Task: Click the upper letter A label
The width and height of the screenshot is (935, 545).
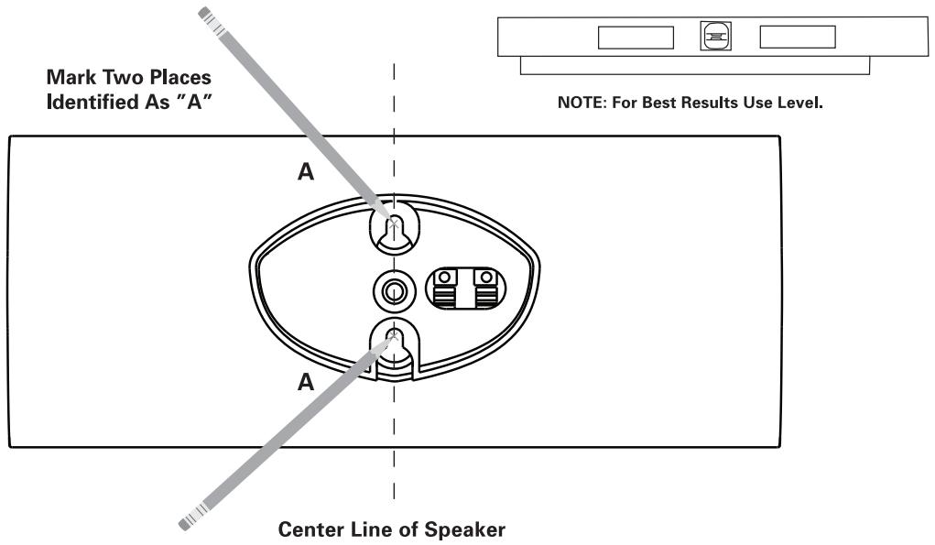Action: pyautogui.click(x=306, y=171)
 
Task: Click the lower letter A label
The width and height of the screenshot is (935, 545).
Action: pyautogui.click(x=306, y=382)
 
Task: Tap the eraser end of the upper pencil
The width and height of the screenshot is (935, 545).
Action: pyautogui.click(x=204, y=12)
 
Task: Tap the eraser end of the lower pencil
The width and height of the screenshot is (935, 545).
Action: pyautogui.click(x=186, y=524)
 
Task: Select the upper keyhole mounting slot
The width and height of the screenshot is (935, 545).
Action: pyautogui.click(x=394, y=230)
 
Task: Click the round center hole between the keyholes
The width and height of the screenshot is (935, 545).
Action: pyautogui.click(x=394, y=292)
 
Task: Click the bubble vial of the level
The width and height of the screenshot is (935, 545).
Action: pyautogui.click(x=715, y=36)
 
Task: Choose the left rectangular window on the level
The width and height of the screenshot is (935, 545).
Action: pyautogui.click(x=636, y=38)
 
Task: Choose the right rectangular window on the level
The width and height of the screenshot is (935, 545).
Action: pyautogui.click(x=798, y=37)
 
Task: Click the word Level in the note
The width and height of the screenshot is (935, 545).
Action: pyautogui.click(x=800, y=103)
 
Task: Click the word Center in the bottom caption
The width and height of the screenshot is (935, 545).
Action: pyautogui.click(x=310, y=529)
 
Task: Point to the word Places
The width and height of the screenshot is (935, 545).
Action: pyautogui.click(x=180, y=78)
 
